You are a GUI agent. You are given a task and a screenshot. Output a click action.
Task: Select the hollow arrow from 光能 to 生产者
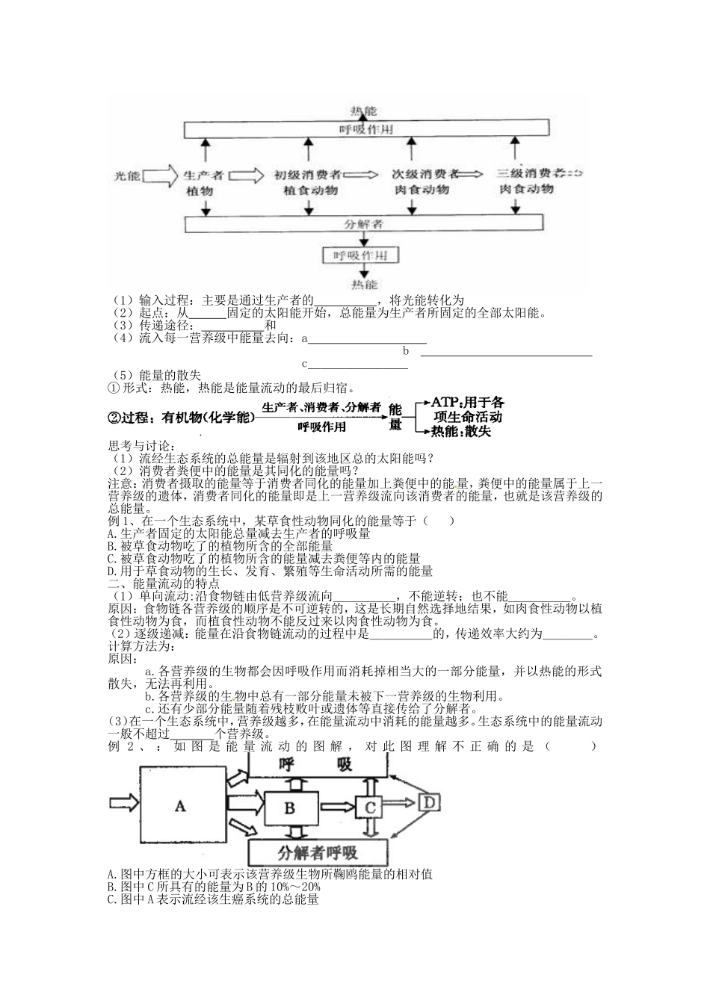click(158, 177)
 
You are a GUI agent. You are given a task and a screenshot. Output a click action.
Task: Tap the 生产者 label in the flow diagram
click(203, 176)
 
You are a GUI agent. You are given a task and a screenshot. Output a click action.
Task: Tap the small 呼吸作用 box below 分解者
click(363, 256)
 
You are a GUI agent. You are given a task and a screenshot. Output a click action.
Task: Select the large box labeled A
click(180, 805)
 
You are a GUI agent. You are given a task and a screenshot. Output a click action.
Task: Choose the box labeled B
click(291, 806)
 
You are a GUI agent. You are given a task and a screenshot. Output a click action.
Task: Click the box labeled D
click(430, 802)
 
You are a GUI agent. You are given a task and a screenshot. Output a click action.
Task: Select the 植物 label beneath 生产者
click(201, 191)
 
